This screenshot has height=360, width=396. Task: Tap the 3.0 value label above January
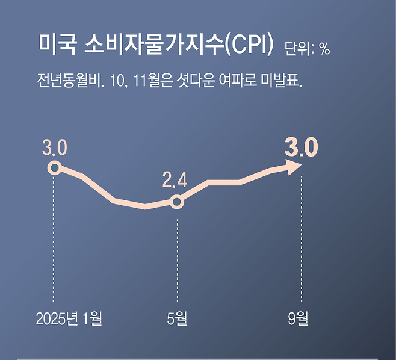pyautogui.click(x=54, y=147)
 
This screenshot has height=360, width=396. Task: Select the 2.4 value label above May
pyautogui.click(x=175, y=179)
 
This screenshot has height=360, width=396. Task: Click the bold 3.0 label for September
pyautogui.click(x=300, y=147)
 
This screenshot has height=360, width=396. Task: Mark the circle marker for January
pyautogui.click(x=54, y=167)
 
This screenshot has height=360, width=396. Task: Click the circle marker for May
pyautogui.click(x=176, y=202)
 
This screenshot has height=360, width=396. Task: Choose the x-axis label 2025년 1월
pyautogui.click(x=69, y=318)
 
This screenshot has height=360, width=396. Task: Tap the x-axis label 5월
pyautogui.click(x=177, y=318)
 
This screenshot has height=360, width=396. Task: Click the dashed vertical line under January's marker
pyautogui.click(x=54, y=241)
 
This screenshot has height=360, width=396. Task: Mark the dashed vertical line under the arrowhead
pyautogui.click(x=300, y=241)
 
